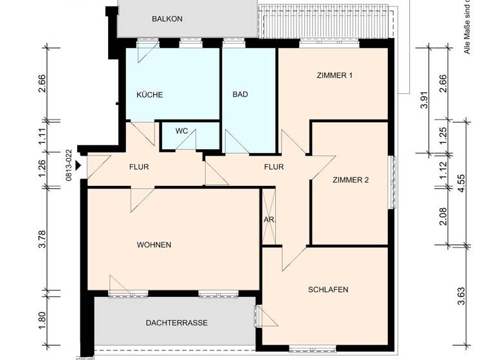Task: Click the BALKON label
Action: tap(167, 19)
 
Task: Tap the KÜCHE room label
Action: tap(150, 95)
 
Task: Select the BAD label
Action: tap(240, 94)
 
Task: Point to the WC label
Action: tap(181, 131)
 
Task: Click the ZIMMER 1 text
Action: tap(334, 76)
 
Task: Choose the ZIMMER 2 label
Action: tap(351, 180)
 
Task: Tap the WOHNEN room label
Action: tap(154, 245)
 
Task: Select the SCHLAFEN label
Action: tap(328, 290)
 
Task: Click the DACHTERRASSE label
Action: tap(176, 323)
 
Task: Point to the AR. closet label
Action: tap(270, 220)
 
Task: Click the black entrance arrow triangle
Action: tap(78, 166)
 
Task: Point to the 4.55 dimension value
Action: tap(460, 183)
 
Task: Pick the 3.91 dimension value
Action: tap(424, 102)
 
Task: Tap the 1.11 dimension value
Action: tap(42, 136)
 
